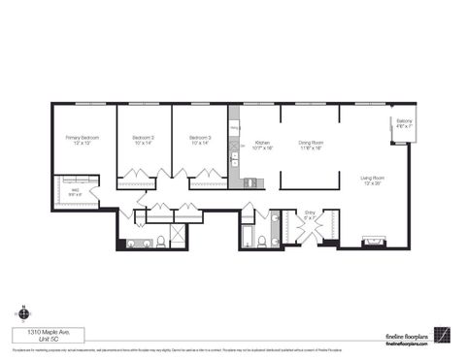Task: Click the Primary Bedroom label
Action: coord(77,139)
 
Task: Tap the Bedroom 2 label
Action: coord(144,139)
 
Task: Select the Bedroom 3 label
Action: coord(200,139)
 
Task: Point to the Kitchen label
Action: coord(262,141)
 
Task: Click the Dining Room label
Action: coord(310,143)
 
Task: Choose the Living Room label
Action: coord(373,178)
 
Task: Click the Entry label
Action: coord(311,212)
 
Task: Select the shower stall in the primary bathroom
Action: coord(178,236)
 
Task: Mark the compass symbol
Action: coord(23,312)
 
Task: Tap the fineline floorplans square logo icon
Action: coord(441,335)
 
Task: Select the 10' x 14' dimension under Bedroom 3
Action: coord(200,145)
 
